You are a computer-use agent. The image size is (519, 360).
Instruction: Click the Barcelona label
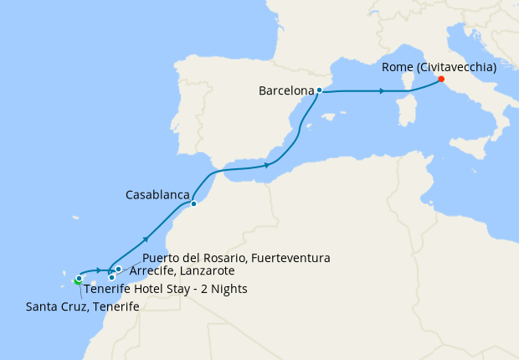point(286,90)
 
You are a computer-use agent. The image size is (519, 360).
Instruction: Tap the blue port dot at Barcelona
point(319,90)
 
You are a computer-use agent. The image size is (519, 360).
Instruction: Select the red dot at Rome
point(440,80)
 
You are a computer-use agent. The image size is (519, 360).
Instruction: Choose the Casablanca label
point(157,194)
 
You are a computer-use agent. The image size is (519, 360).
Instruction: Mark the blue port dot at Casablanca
point(193,203)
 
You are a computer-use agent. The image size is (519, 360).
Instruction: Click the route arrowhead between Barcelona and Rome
point(382,91)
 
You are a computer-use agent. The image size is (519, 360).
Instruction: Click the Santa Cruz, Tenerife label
point(82,307)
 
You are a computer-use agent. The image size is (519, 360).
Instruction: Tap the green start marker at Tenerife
point(76,281)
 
